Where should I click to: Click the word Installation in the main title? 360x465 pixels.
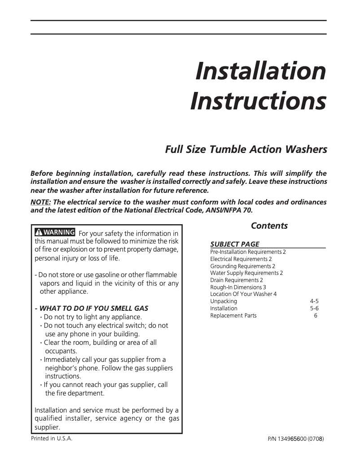pyautogui.click(x=260, y=71)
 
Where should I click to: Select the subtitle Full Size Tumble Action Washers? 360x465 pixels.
pyautogui.click(x=246, y=149)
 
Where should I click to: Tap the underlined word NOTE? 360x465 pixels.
pyautogui.click(x=40, y=202)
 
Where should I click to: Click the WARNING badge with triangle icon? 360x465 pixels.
pyautogui.click(x=55, y=232)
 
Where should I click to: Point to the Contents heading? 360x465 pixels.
pyautogui.click(x=269, y=226)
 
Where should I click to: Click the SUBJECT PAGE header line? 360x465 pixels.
pyautogui.click(x=235, y=244)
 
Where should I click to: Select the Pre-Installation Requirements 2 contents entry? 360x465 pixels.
pyautogui.click(x=248, y=252)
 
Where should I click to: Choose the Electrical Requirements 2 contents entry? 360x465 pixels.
pyautogui.click(x=241, y=259)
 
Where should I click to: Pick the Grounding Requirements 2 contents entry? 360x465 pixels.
pyautogui.click(x=243, y=266)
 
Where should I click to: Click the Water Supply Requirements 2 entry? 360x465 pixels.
pyautogui.click(x=246, y=273)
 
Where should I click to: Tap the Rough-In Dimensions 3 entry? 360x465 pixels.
pyautogui.click(x=238, y=287)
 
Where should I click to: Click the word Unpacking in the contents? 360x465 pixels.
pyautogui.click(x=224, y=301)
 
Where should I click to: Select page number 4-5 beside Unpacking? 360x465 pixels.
pyautogui.click(x=314, y=301)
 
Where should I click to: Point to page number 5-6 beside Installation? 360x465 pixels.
pyautogui.click(x=314, y=309)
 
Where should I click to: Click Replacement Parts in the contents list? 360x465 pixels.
pyautogui.click(x=233, y=316)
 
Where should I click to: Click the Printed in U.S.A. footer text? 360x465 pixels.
pyautogui.click(x=52, y=439)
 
